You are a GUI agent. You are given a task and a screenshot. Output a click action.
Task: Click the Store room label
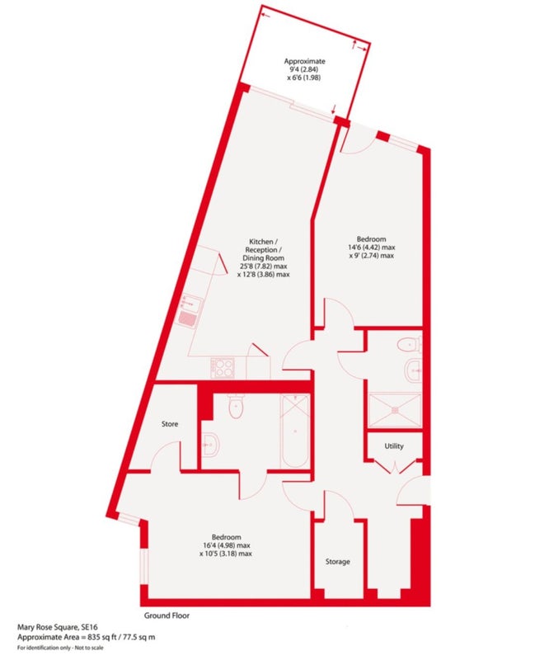click(170, 424)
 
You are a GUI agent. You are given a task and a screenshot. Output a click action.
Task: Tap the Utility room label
click(394, 445)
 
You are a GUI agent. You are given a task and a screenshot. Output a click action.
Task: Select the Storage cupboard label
click(337, 562)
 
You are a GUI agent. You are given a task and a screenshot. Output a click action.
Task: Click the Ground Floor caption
click(167, 615)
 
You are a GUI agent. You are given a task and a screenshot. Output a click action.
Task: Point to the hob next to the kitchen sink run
click(223, 367)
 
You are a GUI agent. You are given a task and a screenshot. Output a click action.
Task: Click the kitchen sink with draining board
click(190, 312)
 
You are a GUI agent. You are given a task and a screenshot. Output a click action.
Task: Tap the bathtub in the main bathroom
click(295, 430)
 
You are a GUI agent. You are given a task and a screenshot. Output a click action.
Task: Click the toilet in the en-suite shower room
click(409, 345)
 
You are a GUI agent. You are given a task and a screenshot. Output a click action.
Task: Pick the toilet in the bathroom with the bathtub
click(236, 405)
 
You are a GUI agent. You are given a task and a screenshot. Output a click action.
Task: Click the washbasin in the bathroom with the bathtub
click(209, 444)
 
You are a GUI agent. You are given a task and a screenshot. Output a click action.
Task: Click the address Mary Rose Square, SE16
click(58, 628)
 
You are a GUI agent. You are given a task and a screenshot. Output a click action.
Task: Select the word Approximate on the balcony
click(304, 61)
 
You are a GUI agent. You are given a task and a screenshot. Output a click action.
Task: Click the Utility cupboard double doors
click(395, 468)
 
